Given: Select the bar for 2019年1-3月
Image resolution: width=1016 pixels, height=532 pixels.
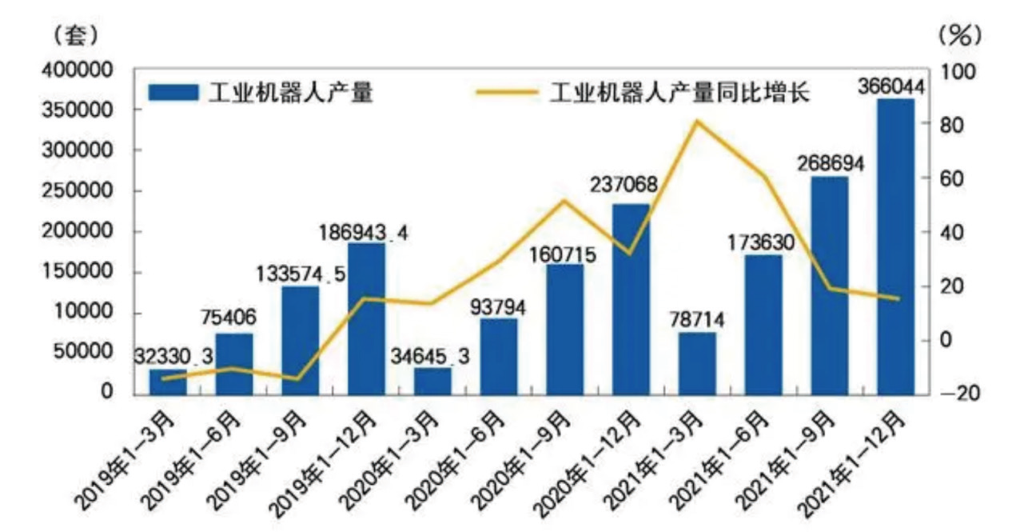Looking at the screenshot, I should click(167, 382).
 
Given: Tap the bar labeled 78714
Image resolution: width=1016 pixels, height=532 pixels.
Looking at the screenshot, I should click(697, 363).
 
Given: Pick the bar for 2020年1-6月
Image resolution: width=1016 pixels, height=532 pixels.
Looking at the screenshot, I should click(499, 356).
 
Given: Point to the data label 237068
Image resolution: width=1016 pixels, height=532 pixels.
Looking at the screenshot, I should click(625, 185).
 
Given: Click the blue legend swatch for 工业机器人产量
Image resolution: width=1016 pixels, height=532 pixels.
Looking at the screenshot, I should click(172, 93).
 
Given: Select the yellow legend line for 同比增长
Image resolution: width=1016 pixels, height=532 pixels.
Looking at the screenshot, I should click(507, 93).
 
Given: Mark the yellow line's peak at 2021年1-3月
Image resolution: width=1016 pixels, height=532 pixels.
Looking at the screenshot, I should click(696, 122).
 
